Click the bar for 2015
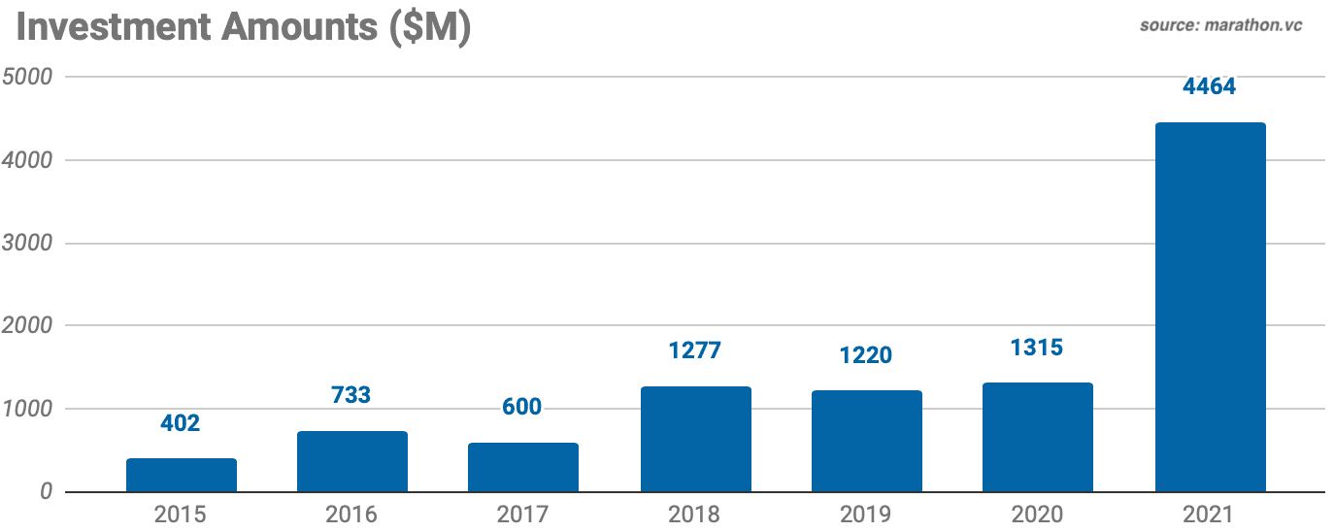[182, 475]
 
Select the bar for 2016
[352, 461]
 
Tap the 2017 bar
[523, 467]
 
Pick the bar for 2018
[695, 439]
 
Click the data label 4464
[1209, 86]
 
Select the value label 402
[180, 423]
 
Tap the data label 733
[350, 395]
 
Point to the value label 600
[521, 407]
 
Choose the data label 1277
[695, 349]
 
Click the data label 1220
[866, 355]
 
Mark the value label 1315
[1037, 348]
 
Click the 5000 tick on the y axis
[28, 77]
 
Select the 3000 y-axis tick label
[28, 243]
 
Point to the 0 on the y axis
[46, 492]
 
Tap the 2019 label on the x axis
[866, 514]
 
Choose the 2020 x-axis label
[1037, 514]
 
